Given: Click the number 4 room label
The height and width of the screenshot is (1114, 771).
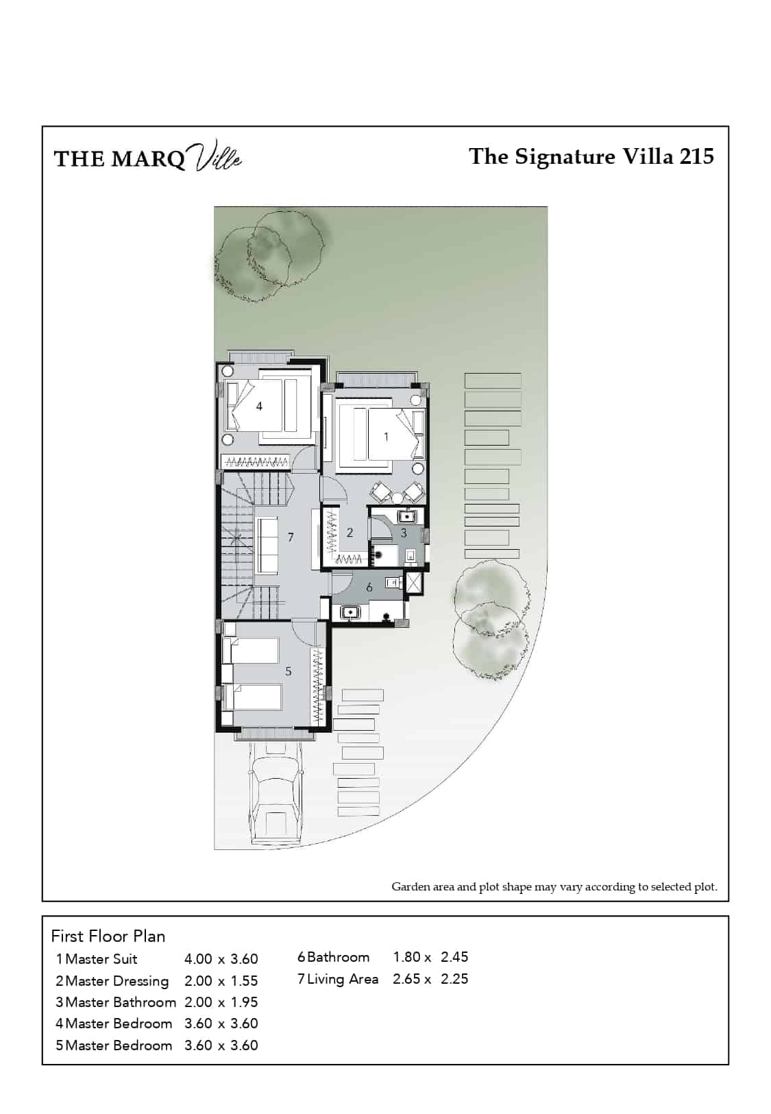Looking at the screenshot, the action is [x=259, y=407].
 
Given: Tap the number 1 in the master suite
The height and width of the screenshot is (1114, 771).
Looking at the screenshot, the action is [x=387, y=437].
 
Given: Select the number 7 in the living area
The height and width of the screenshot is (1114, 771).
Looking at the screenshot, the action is [x=291, y=537].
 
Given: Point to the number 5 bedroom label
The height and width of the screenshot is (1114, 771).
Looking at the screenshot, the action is [x=289, y=671].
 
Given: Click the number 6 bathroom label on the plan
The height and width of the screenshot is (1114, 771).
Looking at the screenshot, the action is [x=369, y=588].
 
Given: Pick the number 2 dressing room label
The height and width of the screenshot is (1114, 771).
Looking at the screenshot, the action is [x=350, y=533].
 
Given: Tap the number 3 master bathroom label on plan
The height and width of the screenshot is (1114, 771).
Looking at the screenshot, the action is [x=404, y=533].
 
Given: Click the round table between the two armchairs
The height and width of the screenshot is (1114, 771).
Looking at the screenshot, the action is [x=397, y=497].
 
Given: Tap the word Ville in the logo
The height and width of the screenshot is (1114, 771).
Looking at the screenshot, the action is [x=217, y=155].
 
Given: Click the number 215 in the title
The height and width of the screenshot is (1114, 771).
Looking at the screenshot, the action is [x=696, y=157].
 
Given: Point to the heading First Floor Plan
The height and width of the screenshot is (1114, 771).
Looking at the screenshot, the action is [x=108, y=936].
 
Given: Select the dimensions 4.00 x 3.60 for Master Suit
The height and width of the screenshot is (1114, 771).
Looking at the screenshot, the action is [x=221, y=959].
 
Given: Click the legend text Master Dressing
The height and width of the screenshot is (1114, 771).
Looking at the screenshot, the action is [x=117, y=981].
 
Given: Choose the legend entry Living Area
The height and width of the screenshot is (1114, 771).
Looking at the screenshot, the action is [x=343, y=979].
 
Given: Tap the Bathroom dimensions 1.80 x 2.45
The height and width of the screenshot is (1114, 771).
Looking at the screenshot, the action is [x=430, y=957].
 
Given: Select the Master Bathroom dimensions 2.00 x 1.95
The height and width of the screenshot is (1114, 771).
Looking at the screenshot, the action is [x=221, y=1002].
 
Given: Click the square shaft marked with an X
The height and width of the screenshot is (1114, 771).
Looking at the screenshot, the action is [x=414, y=583].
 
